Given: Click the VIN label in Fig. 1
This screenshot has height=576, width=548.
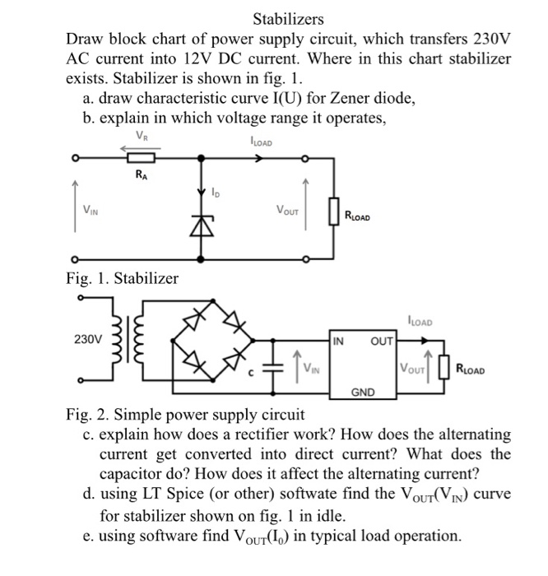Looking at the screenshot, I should tap(88, 211).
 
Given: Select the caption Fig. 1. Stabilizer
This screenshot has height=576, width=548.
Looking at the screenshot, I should tap(122, 278).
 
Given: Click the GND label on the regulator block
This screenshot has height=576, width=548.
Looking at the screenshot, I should tap(363, 393).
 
